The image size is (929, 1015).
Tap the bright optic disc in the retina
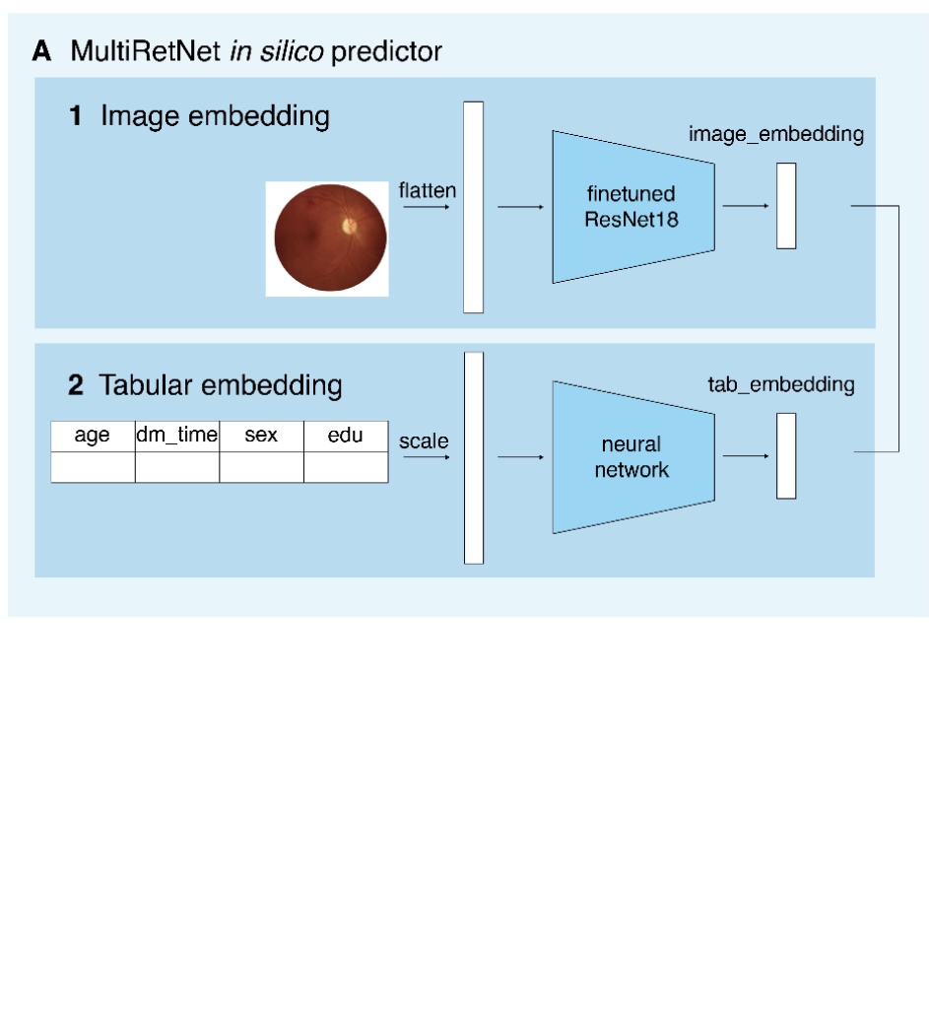tap(349, 226)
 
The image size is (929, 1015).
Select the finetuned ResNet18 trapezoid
tap(631, 207)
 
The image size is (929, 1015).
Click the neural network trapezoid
tap(631, 457)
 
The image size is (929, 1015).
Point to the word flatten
tap(428, 190)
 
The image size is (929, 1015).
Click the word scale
tap(424, 441)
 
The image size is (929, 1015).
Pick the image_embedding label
tap(775, 135)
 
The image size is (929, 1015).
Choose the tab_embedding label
tap(781, 384)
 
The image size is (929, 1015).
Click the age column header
tap(93, 436)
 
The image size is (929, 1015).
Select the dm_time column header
tap(177, 436)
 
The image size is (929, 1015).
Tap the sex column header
tap(261, 436)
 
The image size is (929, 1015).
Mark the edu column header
tap(346, 436)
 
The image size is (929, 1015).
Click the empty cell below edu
tap(346, 467)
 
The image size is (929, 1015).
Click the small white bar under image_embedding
tap(786, 206)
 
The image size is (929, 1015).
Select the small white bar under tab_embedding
tap(786, 456)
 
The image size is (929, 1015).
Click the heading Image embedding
tap(215, 116)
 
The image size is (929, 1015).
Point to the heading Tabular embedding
tap(221, 384)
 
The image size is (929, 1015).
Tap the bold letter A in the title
tap(43, 51)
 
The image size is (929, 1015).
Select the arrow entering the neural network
tap(520, 457)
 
